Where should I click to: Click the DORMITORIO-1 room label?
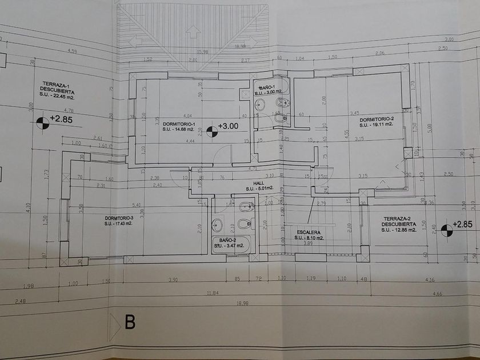pyautogui.click(x=179, y=124)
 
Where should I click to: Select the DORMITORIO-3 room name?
pyautogui.click(x=119, y=218)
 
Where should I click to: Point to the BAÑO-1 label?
pyautogui.click(x=266, y=86)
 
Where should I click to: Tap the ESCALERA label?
pyautogui.click(x=309, y=233)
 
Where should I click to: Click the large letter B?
pyautogui.click(x=130, y=322)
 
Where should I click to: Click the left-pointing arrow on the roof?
pyautogui.click(x=134, y=42)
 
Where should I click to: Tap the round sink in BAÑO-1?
pyautogui.click(x=260, y=104)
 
